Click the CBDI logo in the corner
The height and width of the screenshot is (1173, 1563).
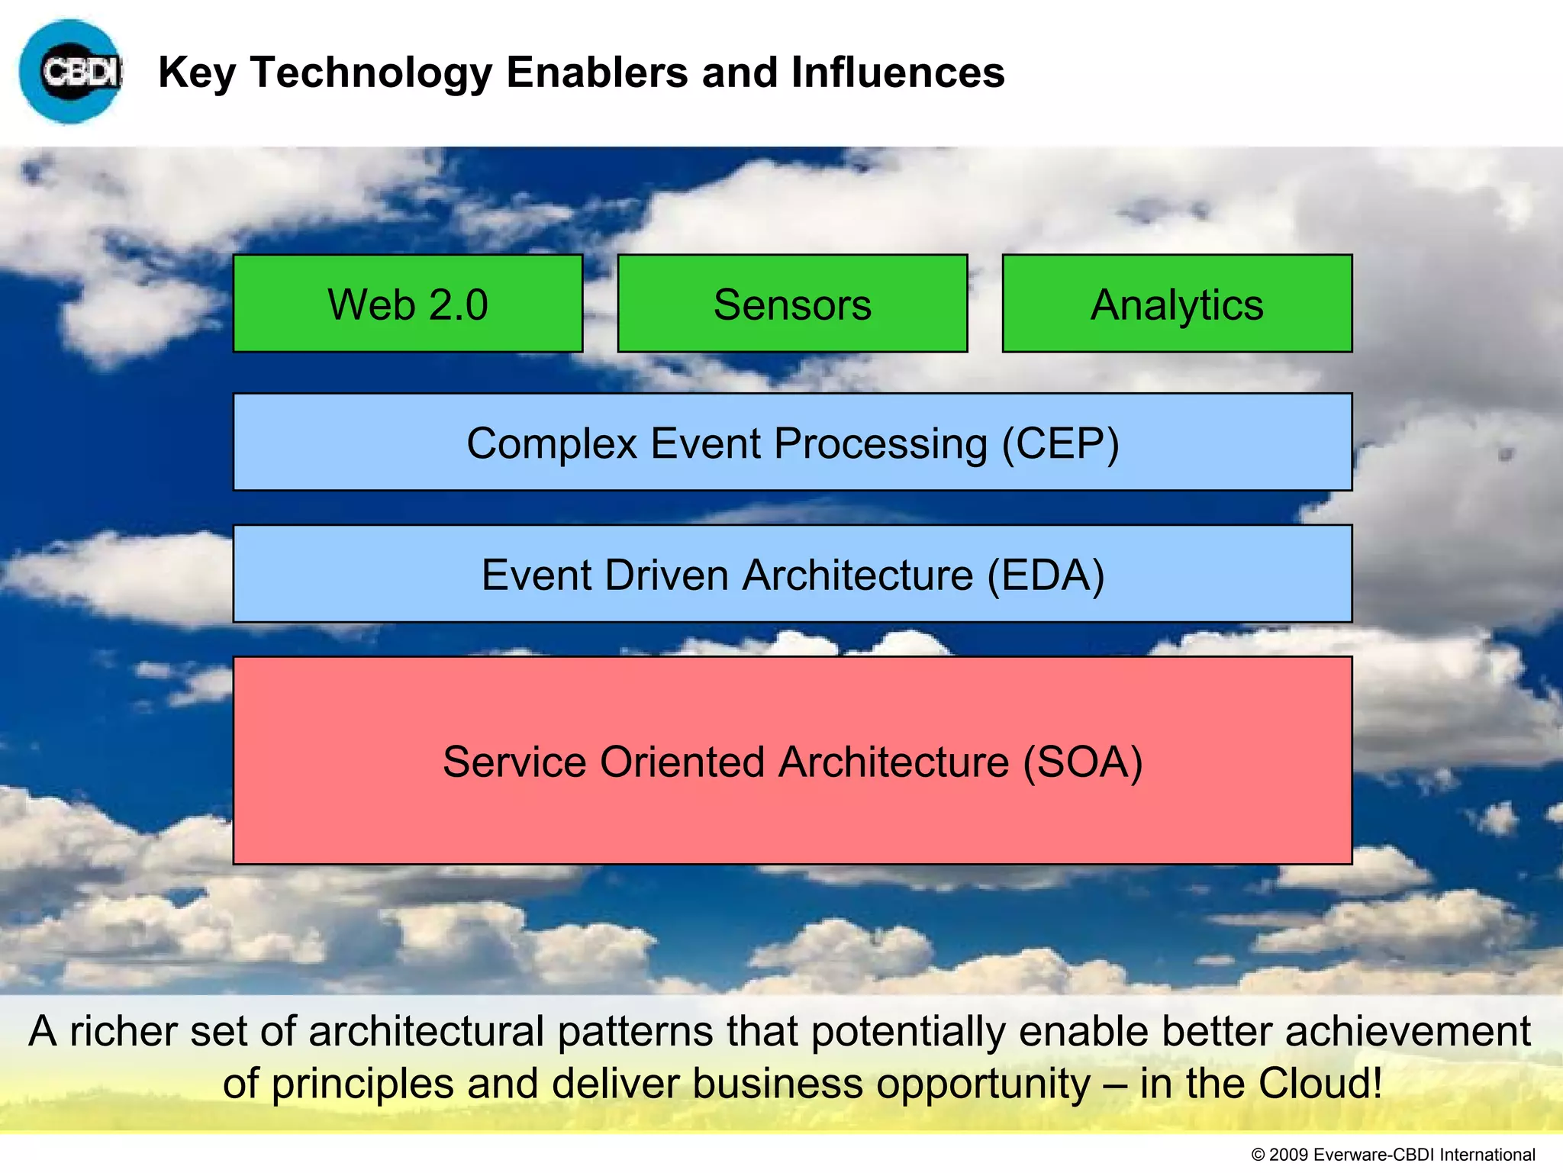[x=70, y=73]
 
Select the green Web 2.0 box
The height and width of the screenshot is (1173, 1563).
[x=408, y=304]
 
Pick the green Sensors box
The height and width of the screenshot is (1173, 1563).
[x=792, y=304]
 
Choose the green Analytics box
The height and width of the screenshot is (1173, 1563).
[x=1177, y=304]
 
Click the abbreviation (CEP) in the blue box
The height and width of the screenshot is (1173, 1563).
[x=1060, y=443]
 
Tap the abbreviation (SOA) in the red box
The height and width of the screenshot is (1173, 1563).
[x=1082, y=762]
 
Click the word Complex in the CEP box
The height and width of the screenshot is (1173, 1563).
[x=552, y=443]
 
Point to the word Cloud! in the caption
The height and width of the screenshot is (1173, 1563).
[x=1320, y=1083]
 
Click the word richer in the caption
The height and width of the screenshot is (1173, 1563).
[x=123, y=1031]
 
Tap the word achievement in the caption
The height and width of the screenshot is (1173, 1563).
[x=1408, y=1031]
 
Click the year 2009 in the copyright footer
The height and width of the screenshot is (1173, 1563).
[x=1289, y=1155]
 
